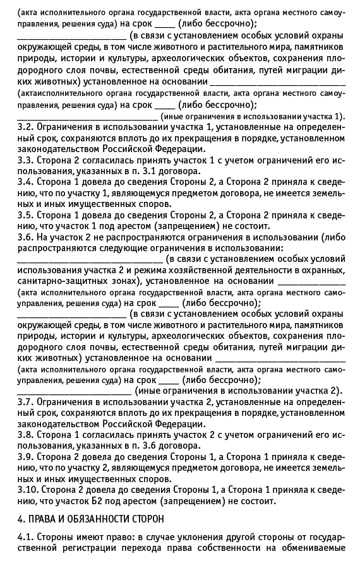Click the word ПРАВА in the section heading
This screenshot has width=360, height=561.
tap(42, 519)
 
